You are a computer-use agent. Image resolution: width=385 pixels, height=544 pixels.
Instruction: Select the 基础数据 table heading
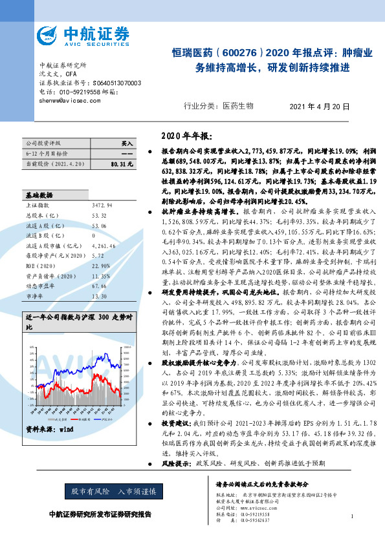tap(39, 194)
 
